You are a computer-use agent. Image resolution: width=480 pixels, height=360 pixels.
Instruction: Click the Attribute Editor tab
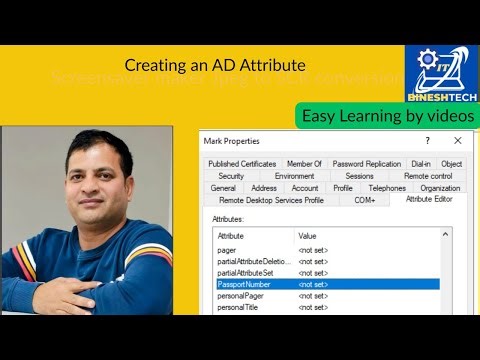(x=429, y=200)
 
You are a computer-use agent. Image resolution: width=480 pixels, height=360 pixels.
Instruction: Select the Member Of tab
(x=304, y=164)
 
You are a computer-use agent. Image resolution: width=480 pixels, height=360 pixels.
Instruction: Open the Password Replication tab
(x=366, y=164)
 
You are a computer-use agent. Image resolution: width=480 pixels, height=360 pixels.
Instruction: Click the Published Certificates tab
(x=241, y=164)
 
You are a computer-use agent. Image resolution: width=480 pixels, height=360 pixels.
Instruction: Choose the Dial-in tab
(x=421, y=164)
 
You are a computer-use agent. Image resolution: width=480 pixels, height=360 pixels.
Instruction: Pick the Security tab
(x=231, y=176)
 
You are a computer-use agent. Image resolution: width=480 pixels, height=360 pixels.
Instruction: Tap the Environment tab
(x=294, y=176)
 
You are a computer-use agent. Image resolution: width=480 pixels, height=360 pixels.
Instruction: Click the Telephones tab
(x=387, y=188)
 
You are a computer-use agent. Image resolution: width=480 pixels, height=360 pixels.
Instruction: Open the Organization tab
(x=440, y=188)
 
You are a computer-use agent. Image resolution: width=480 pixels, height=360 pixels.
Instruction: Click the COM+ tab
(x=364, y=200)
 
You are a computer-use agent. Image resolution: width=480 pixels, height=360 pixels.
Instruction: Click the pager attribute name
(x=227, y=248)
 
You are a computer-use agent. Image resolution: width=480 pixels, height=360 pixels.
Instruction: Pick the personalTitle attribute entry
(x=238, y=307)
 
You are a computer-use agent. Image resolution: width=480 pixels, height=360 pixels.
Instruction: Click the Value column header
(x=308, y=235)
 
